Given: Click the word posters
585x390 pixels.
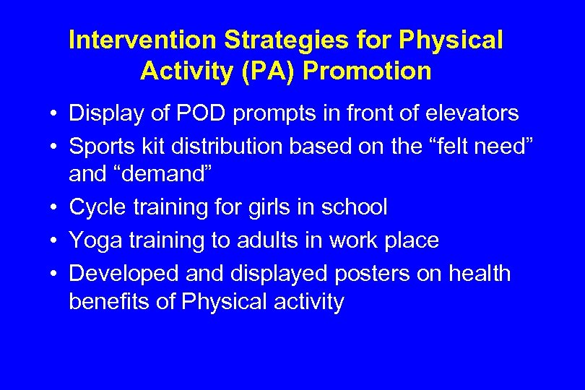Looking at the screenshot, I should pos(373,274).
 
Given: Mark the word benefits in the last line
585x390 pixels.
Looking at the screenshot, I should pos(109,302).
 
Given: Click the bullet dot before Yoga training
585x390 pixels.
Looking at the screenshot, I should pos(53,241).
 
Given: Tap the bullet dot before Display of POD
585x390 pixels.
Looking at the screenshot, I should pos(53,114).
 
